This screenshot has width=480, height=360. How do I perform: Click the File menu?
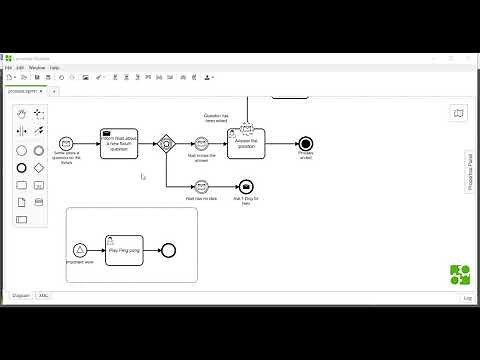click(x=8, y=67)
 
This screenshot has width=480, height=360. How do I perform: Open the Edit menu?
click(x=19, y=67)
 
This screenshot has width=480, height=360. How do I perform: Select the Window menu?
click(x=36, y=67)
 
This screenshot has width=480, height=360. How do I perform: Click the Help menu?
click(x=55, y=67)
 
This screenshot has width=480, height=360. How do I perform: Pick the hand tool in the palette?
click(x=22, y=113)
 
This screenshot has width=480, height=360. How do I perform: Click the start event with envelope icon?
click(x=66, y=143)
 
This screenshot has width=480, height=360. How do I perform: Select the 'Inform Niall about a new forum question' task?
click(x=118, y=143)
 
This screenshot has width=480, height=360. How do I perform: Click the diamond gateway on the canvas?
click(x=167, y=143)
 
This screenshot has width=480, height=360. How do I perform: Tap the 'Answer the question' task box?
click(x=245, y=142)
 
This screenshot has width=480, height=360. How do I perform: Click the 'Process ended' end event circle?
click(x=305, y=143)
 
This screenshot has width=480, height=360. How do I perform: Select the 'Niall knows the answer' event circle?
click(x=201, y=143)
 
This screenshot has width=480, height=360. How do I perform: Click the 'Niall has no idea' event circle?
click(x=201, y=186)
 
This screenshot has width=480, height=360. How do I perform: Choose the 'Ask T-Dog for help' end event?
click(x=246, y=186)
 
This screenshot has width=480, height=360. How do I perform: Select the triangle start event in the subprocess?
click(x=80, y=249)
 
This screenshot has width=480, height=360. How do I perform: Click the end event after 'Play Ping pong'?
click(x=168, y=249)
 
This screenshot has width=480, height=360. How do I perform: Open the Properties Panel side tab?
click(x=469, y=171)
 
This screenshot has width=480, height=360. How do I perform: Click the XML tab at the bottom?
click(x=43, y=296)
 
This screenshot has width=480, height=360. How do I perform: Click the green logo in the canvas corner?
click(x=460, y=275)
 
